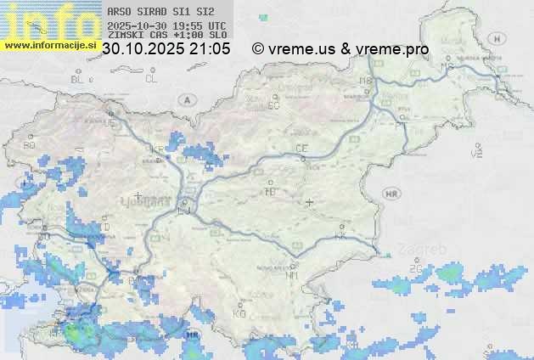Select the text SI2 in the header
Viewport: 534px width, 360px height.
(205, 12)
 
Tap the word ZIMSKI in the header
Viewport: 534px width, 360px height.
(122, 36)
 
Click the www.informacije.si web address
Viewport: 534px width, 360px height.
(49, 44)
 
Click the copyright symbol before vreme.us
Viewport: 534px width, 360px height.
(258, 49)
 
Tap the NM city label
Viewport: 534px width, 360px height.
(293, 275)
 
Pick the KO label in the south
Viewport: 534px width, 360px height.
(239, 312)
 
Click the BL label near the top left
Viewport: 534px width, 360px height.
(79, 79)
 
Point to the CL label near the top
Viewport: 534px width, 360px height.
(151, 78)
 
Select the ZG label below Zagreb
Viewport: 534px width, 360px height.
(415, 269)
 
